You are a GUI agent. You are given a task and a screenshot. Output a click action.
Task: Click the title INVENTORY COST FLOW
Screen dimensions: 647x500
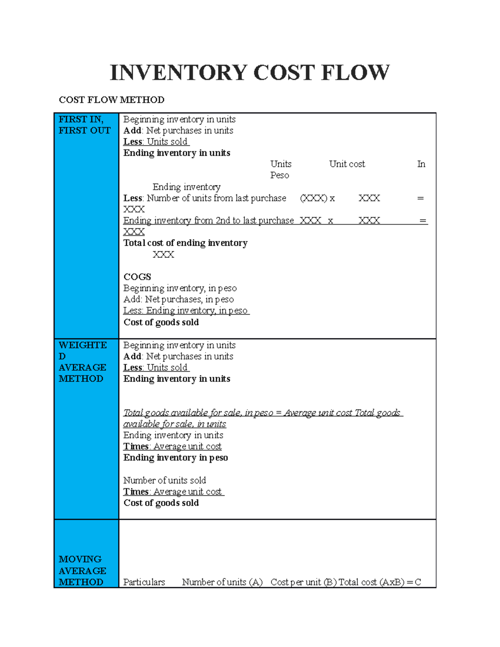point(250,73)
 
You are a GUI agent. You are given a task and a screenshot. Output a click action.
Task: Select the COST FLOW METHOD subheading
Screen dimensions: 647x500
point(112,100)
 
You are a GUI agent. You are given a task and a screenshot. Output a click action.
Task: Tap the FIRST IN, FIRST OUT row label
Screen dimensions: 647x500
point(85,125)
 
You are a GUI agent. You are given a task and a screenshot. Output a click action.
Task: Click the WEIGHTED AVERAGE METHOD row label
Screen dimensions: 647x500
point(82,362)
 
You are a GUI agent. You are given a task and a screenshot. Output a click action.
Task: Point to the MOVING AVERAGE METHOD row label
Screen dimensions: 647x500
point(82,570)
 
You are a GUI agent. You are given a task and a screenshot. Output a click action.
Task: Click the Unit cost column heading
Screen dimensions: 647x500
point(347,164)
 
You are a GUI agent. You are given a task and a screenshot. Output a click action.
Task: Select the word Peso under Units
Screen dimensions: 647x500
point(280,175)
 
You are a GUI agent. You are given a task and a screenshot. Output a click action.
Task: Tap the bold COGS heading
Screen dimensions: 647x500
point(137,277)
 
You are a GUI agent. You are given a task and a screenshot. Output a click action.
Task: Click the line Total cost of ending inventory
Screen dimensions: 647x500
point(185,243)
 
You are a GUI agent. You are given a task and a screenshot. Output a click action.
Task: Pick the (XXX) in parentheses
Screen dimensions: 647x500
point(313,198)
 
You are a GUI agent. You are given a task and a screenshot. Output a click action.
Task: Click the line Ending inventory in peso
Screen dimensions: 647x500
point(175,457)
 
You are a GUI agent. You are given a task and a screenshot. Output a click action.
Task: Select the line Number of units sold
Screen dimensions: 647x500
point(165,480)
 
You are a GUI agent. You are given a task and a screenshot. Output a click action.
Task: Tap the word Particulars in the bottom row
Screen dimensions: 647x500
point(144,582)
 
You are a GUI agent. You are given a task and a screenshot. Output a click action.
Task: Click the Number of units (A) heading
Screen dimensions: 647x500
point(222,582)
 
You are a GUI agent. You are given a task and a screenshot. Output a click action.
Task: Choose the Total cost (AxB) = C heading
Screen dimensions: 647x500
point(380,582)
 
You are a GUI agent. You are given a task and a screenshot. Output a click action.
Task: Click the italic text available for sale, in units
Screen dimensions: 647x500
point(175,424)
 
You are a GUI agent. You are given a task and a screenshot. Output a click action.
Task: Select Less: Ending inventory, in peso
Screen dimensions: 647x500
point(186,311)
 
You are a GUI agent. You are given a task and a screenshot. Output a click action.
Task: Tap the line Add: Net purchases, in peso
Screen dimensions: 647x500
point(178,300)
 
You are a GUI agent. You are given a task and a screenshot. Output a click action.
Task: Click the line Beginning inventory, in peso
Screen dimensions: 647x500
point(180,288)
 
